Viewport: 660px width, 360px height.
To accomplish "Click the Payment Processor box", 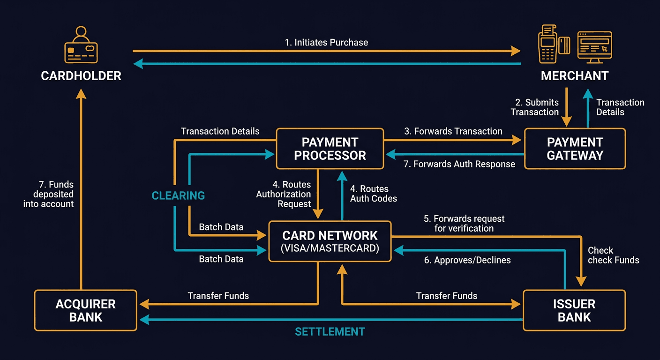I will (x=330, y=149).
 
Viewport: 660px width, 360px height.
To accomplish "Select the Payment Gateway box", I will (x=575, y=149).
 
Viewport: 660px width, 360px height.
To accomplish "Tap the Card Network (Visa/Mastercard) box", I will (x=330, y=241).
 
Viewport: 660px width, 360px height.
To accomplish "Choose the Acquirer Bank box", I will (x=85, y=310).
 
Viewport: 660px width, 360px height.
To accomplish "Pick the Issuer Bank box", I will (x=574, y=310).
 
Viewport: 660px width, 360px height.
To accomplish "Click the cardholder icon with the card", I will (x=81, y=45).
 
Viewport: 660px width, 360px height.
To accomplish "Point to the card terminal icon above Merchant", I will (x=547, y=45).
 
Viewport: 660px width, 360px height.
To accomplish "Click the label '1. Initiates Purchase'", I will (x=326, y=42).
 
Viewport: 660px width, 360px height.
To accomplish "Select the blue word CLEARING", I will (x=178, y=195).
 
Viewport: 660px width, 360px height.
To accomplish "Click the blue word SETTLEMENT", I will (x=330, y=332).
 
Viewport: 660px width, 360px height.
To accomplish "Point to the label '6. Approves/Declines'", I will (x=467, y=260).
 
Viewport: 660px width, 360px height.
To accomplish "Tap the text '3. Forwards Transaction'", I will (x=453, y=131).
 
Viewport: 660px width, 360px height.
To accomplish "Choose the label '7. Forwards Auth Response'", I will (x=459, y=164).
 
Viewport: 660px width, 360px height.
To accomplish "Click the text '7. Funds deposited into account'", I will (x=49, y=194).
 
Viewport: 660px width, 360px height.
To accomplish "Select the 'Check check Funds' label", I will (x=613, y=255).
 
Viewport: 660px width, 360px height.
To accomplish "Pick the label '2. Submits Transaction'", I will (x=535, y=107).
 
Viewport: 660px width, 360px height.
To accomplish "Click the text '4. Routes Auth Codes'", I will (x=374, y=194).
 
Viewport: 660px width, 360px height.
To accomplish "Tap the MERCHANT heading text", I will (x=575, y=76).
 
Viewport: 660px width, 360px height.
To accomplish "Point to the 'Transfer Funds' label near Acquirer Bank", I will (x=218, y=296).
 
